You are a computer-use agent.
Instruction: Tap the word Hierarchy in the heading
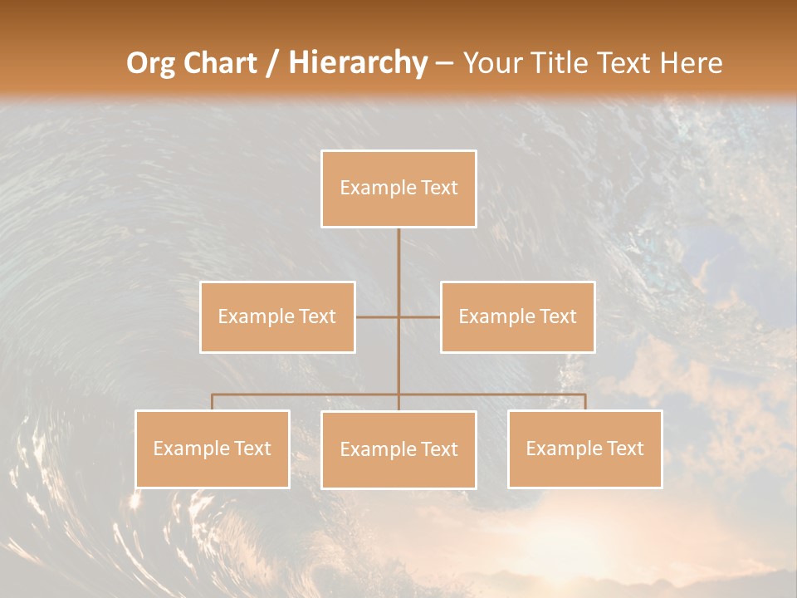[357, 63]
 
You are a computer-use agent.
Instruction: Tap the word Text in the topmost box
[439, 188]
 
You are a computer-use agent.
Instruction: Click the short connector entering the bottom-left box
[213, 402]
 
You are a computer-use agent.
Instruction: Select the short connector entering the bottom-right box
[585, 402]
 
